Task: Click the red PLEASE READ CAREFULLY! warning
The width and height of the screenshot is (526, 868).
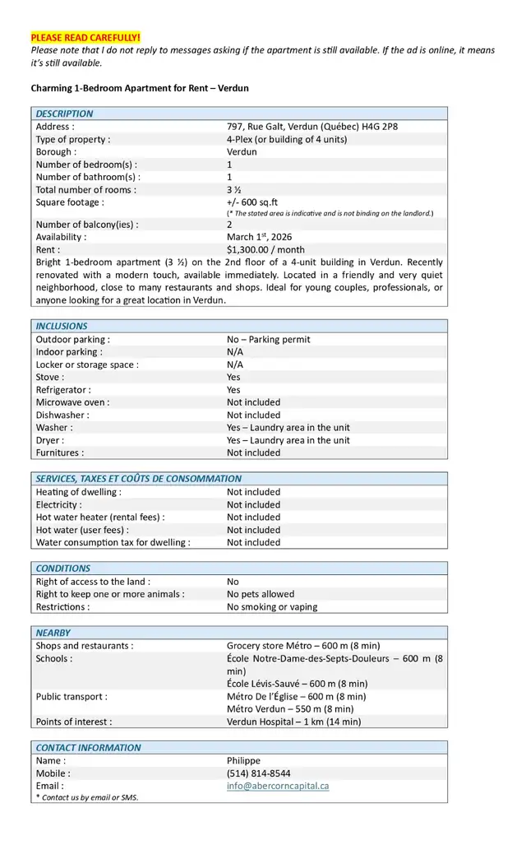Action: tap(85, 38)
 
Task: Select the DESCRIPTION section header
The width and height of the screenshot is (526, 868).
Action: tap(65, 114)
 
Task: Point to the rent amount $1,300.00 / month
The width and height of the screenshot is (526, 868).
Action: tap(265, 249)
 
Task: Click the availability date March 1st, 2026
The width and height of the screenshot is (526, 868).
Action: tap(259, 236)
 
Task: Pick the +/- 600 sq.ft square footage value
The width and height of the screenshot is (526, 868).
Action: tap(252, 202)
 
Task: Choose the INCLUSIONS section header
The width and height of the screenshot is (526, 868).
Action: tap(62, 326)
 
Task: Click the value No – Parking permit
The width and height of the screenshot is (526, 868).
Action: tap(268, 339)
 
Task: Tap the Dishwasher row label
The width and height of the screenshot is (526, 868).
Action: tap(62, 415)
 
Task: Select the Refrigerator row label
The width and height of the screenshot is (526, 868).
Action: tap(63, 389)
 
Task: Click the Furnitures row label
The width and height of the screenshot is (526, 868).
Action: tap(60, 453)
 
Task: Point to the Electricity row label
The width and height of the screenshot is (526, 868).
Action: tap(58, 504)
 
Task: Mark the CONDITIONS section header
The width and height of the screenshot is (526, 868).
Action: tap(63, 568)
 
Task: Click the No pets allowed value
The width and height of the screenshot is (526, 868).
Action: tap(261, 594)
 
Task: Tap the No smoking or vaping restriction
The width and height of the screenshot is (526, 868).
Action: tap(272, 606)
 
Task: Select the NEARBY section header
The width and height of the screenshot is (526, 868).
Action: tap(53, 633)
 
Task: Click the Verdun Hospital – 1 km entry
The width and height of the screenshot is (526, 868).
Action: tap(293, 722)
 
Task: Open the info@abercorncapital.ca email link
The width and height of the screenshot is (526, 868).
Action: tap(278, 786)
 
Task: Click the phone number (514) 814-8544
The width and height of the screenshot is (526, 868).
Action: tap(258, 773)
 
